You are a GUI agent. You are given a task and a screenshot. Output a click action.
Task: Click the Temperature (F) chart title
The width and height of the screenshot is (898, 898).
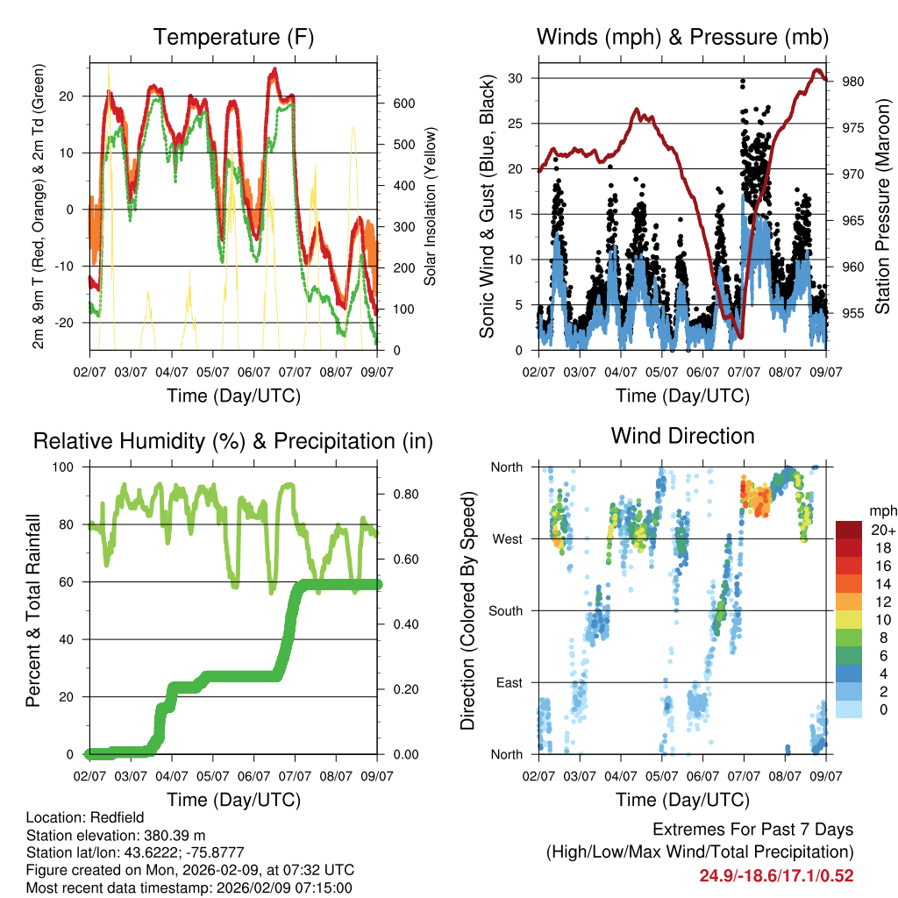click(233, 37)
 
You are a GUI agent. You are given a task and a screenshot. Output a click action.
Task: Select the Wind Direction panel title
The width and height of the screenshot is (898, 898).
click(682, 436)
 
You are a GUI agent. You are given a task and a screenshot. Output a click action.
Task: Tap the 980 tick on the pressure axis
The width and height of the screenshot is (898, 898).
click(853, 82)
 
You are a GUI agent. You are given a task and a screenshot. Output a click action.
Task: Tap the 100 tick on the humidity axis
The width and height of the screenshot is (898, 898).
click(68, 467)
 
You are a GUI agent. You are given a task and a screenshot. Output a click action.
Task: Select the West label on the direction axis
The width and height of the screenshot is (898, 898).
click(506, 538)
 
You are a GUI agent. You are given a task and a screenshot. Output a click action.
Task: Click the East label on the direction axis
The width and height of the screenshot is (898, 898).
click(508, 682)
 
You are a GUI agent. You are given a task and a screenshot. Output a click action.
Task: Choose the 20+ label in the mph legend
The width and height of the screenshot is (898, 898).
click(882, 530)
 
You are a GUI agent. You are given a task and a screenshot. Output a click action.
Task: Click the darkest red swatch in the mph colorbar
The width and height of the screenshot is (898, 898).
click(851, 530)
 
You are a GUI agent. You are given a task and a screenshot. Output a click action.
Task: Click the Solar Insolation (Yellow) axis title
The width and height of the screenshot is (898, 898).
click(431, 207)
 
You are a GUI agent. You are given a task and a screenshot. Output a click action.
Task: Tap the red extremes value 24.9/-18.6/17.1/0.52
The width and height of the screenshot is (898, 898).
click(776, 875)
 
